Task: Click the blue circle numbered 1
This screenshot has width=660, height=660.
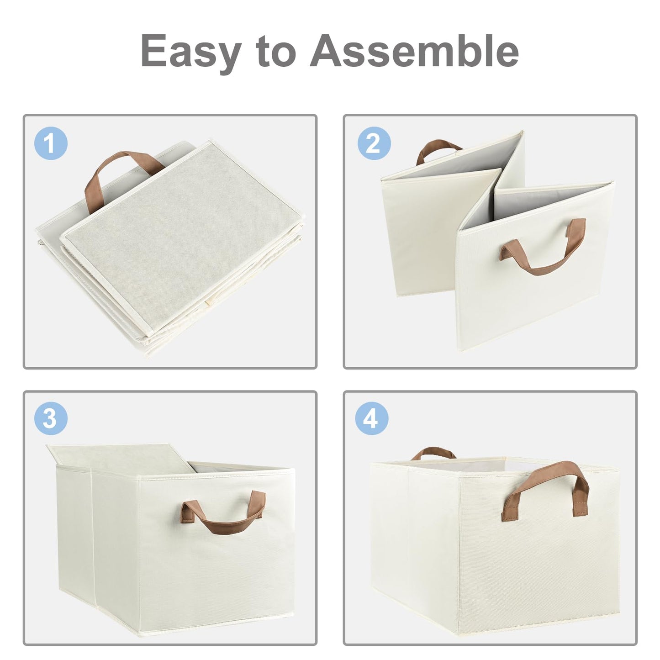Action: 51,143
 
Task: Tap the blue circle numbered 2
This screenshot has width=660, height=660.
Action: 374,143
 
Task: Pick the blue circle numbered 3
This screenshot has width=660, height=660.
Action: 51,418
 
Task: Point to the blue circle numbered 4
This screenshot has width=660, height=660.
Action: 372,418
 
